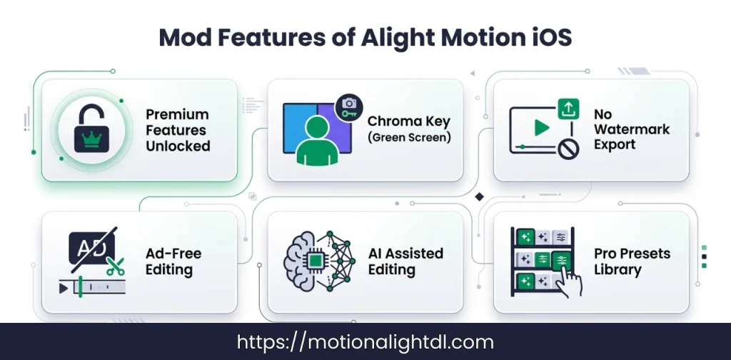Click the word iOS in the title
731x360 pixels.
pos(549,36)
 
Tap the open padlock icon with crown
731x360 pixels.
pos(88,129)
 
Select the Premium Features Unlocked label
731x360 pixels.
pos(178,130)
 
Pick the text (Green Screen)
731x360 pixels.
pos(409,137)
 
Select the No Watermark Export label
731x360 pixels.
pos(631,129)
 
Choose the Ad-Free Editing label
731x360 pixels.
pos(173,261)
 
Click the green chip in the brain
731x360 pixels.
pos(314,261)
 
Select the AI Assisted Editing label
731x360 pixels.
pos(405,261)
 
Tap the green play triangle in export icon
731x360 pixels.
pos(541,128)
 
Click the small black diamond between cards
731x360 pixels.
pos(480,196)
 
